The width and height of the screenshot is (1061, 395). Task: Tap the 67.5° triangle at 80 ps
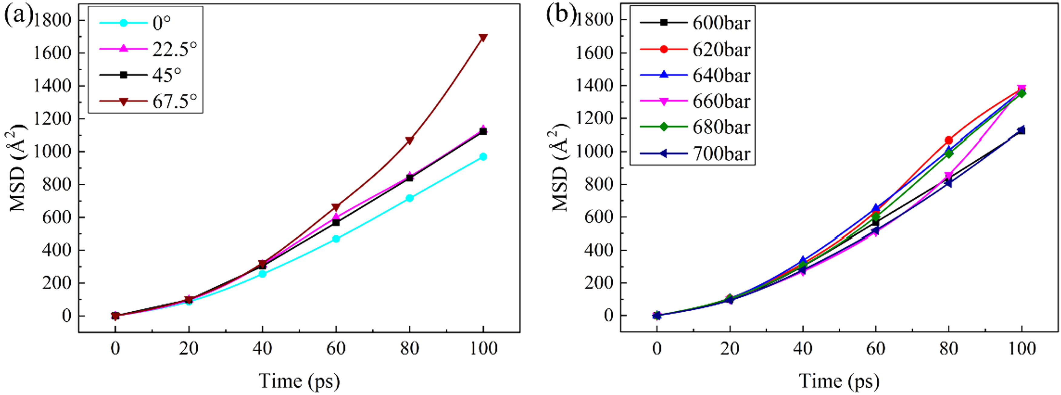coord(410,140)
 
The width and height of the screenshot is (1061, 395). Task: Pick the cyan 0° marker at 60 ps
coord(336,239)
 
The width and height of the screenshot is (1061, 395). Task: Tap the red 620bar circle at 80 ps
coord(949,140)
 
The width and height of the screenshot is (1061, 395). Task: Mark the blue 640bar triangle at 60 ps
coord(876,208)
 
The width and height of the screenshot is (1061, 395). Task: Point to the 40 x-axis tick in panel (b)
coord(803,349)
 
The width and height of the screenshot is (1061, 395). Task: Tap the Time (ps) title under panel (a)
coord(300,381)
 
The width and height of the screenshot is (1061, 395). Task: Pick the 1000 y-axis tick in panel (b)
coord(594,152)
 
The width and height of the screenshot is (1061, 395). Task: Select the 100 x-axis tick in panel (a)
coord(483,349)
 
